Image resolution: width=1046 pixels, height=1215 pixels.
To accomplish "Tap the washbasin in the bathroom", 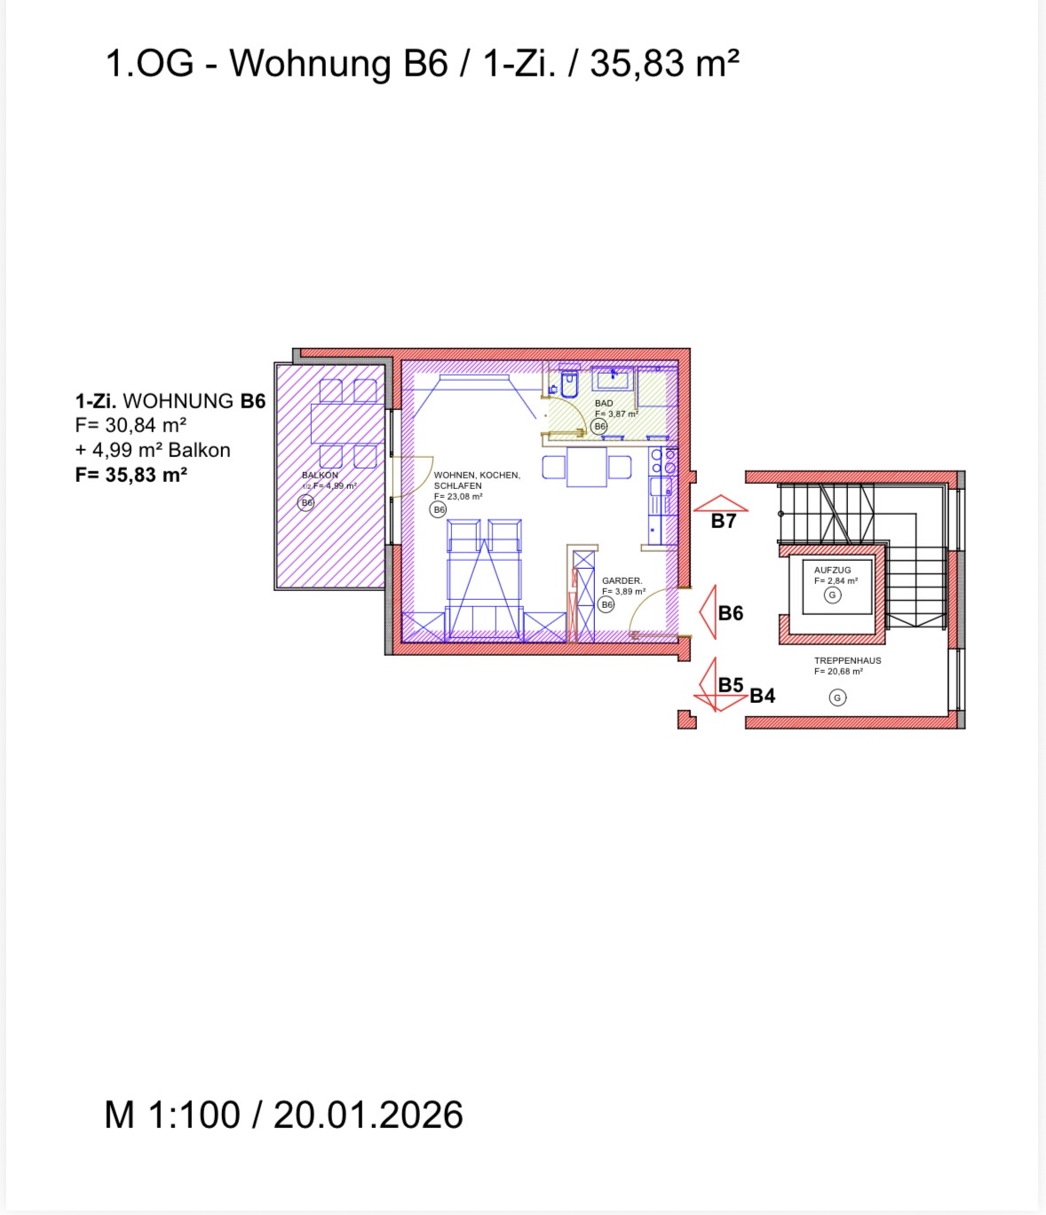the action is pyautogui.click(x=613, y=378).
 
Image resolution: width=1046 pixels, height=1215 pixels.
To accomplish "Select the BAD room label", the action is pyautogui.click(x=604, y=403).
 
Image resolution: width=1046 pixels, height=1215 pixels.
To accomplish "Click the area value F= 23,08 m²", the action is pyautogui.click(x=458, y=497).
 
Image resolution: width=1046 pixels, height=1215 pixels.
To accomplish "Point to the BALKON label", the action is pyautogui.click(x=320, y=475).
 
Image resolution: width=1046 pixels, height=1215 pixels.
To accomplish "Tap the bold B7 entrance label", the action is pyautogui.click(x=723, y=521).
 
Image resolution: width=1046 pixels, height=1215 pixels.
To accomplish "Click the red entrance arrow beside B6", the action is pyautogui.click(x=708, y=611).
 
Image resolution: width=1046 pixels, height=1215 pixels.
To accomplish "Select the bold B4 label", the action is pyautogui.click(x=762, y=696).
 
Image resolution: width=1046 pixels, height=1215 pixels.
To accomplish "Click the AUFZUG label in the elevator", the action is pyautogui.click(x=832, y=570).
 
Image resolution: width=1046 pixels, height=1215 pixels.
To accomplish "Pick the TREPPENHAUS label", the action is pyautogui.click(x=847, y=660).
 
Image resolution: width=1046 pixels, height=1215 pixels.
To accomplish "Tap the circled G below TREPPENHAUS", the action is pyautogui.click(x=837, y=698).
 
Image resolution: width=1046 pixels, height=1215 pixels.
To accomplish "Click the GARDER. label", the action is pyautogui.click(x=622, y=580).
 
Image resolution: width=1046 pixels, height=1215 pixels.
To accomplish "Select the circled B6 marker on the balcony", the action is pyautogui.click(x=305, y=502).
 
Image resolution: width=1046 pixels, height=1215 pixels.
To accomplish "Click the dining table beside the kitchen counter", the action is pyautogui.click(x=587, y=468).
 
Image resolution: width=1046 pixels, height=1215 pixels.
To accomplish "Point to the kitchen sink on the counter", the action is pyautogui.click(x=661, y=487).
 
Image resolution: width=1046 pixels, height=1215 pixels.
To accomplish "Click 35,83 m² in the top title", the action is pyautogui.click(x=664, y=64).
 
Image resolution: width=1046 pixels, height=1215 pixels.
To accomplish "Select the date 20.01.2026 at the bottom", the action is pyautogui.click(x=368, y=1115).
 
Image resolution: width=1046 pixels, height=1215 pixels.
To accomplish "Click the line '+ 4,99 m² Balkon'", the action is pyautogui.click(x=153, y=450).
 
